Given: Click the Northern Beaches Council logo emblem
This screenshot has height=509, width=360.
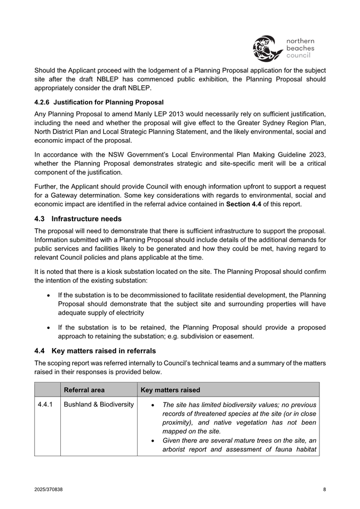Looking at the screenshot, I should click(x=267, y=48).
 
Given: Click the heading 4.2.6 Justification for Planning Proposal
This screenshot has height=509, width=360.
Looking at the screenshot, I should click(x=99, y=102).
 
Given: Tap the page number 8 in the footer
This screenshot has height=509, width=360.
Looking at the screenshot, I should click(x=324, y=489).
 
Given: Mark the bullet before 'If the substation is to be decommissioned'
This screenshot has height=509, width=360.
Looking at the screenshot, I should click(x=49, y=295).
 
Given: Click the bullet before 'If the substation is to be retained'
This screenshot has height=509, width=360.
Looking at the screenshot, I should click(x=49, y=327).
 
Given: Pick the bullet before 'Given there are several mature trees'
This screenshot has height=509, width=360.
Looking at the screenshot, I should click(x=154, y=441).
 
